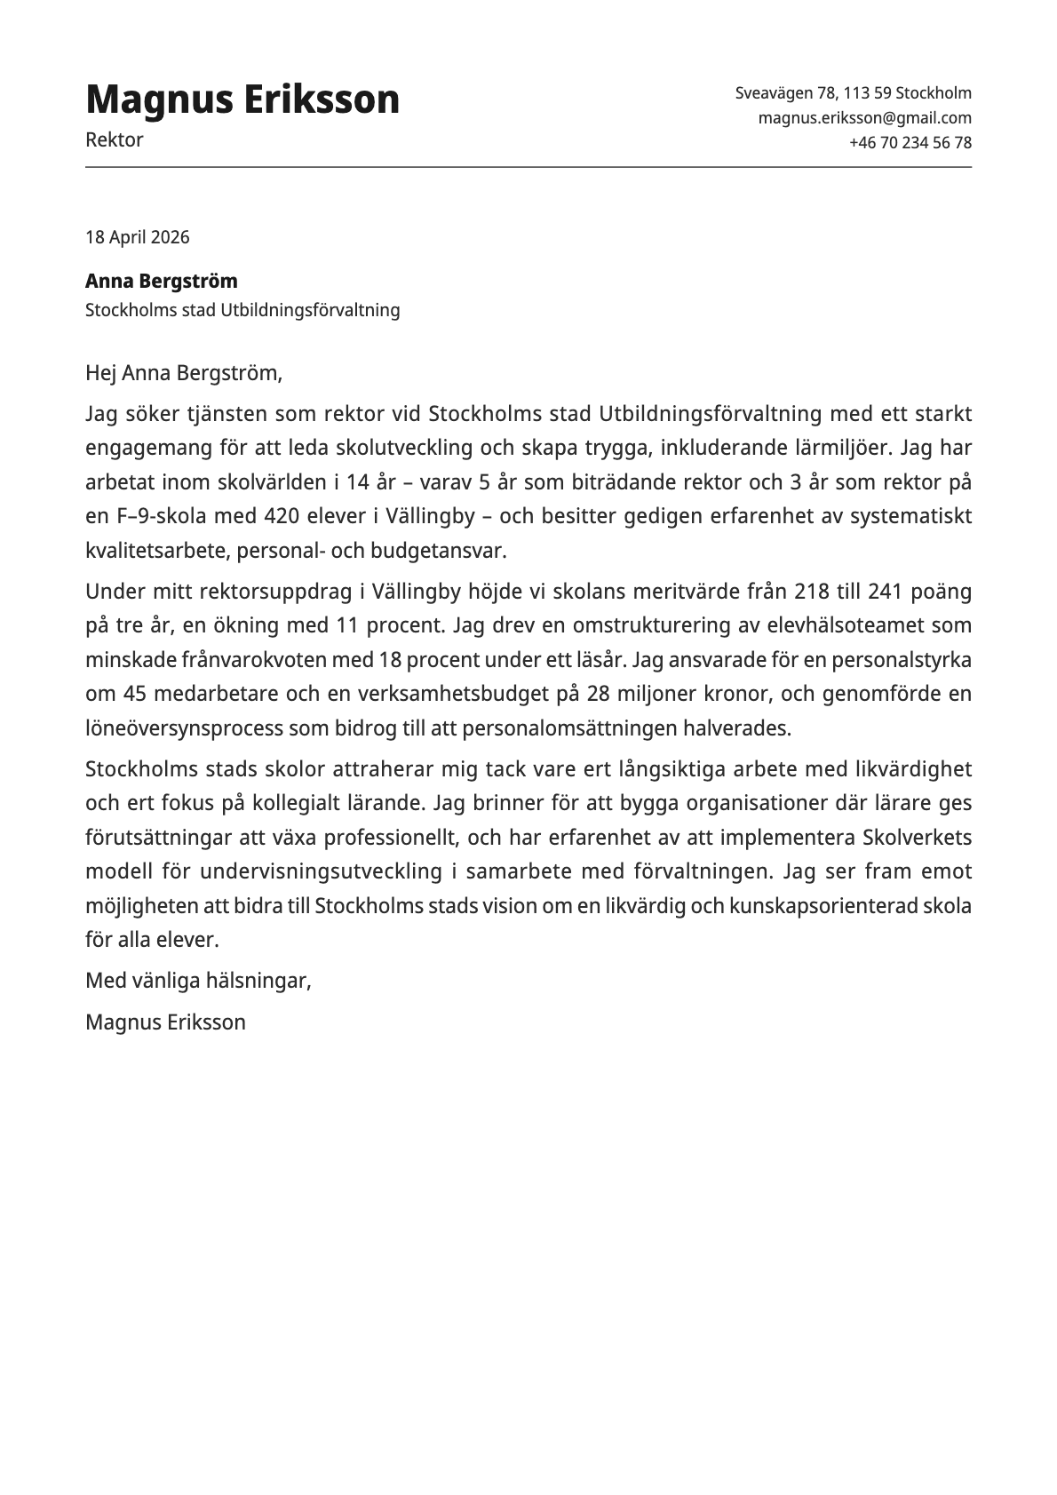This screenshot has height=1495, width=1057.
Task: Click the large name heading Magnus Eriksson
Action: tap(242, 99)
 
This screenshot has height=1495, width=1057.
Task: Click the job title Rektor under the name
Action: tap(114, 140)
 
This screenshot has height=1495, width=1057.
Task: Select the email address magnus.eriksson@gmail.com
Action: tap(864, 118)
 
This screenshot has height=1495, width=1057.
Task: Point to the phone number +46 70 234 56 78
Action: tap(910, 143)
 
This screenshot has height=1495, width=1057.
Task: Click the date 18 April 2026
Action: tap(137, 237)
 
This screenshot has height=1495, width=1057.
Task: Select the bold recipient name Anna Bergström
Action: tap(161, 282)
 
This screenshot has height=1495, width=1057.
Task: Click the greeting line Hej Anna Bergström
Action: tap(183, 373)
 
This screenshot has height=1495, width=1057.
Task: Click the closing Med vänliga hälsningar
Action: tap(198, 981)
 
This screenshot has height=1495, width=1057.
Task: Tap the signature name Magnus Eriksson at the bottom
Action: tap(165, 1022)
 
